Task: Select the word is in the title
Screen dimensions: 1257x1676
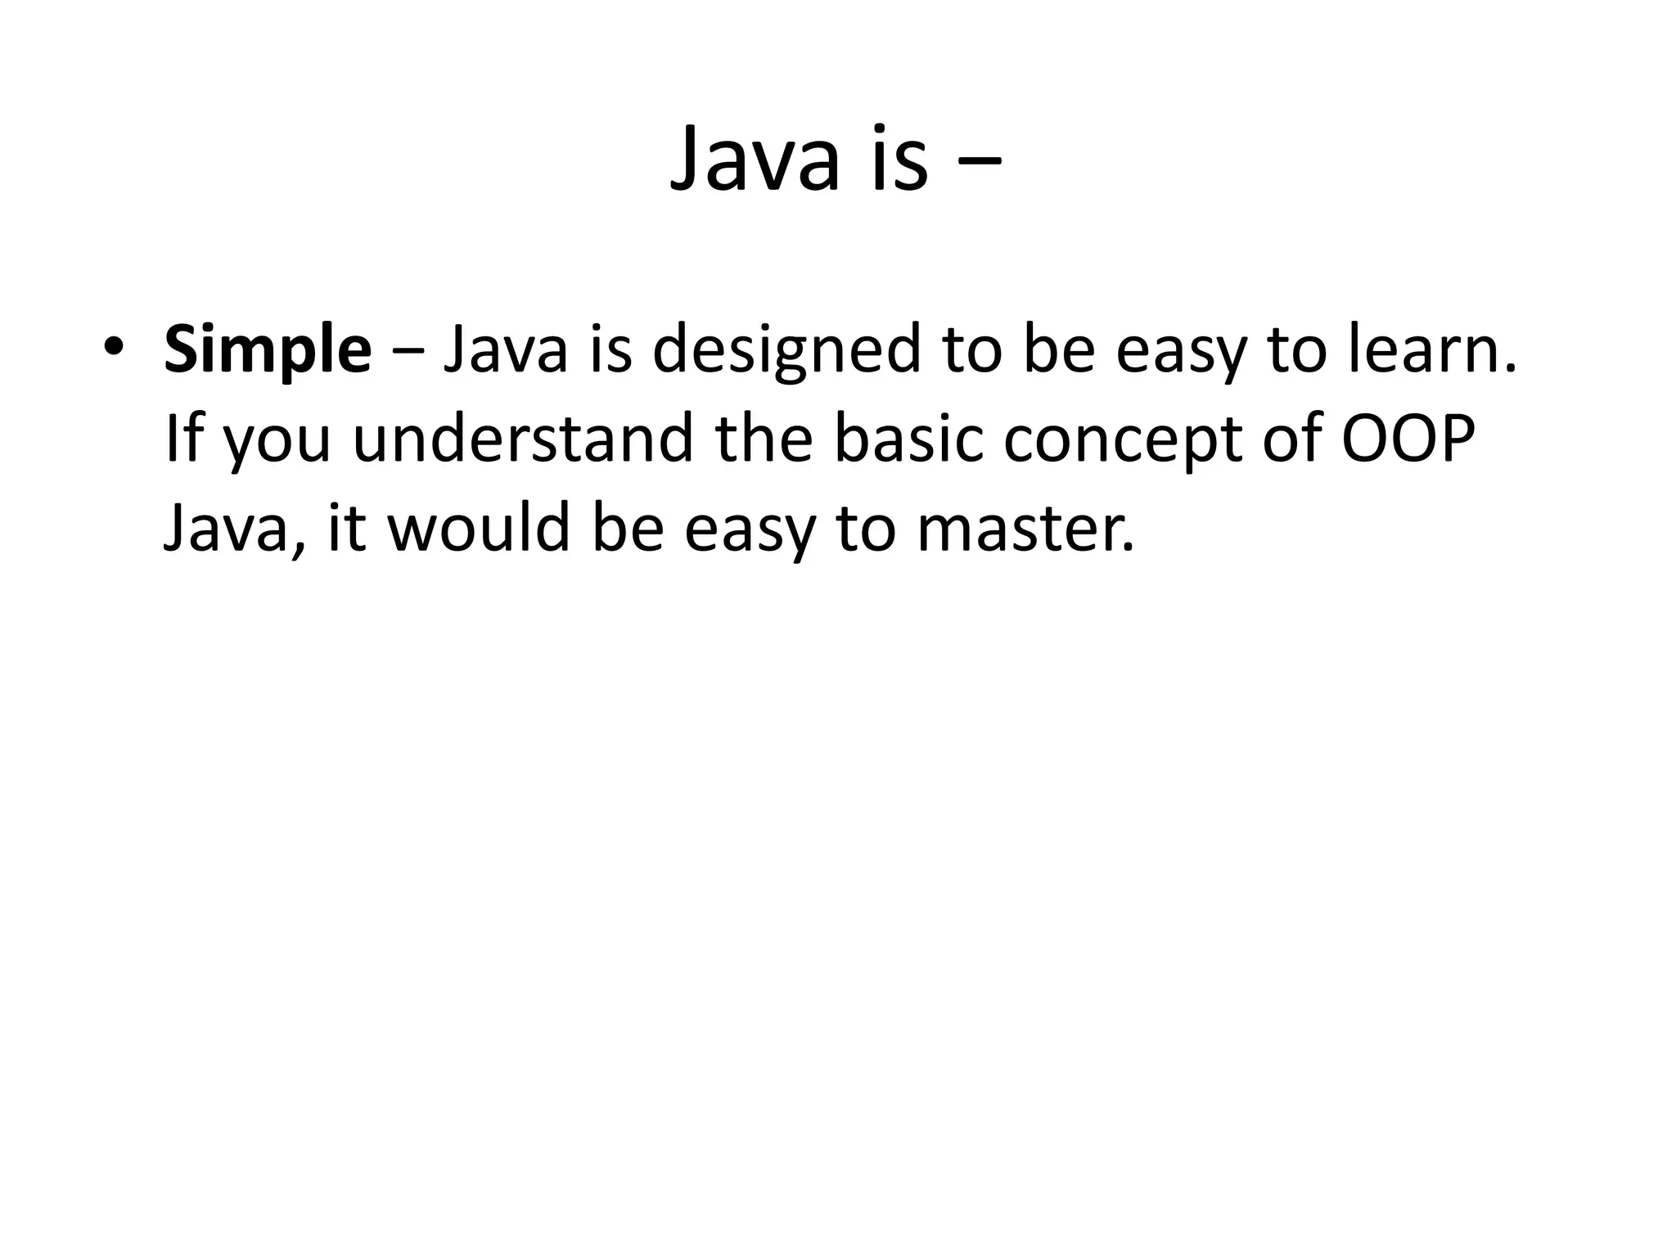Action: pyautogui.click(x=899, y=160)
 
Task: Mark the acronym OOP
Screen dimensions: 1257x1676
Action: pyautogui.click(x=1409, y=439)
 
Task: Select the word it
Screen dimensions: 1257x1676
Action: pyautogui.click(x=346, y=529)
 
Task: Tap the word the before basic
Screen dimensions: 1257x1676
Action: pyautogui.click(x=763, y=439)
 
